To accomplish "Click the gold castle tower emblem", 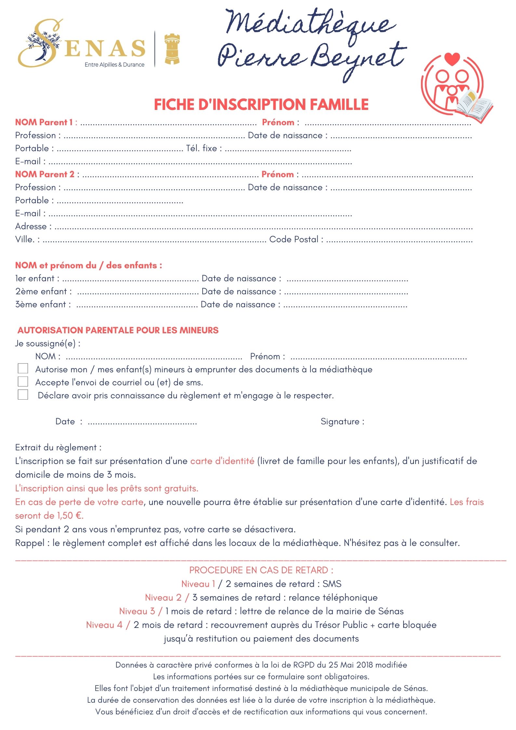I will (172, 48).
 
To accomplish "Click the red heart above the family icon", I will (452, 59).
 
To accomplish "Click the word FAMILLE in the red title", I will (339, 105).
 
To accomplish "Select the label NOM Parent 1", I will (44, 122).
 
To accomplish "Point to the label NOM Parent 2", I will (45, 174).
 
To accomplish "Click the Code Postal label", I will (294, 239).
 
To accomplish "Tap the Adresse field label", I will (31, 226).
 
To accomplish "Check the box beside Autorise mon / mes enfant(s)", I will (23, 368).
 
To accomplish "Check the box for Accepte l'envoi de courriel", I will (23, 381).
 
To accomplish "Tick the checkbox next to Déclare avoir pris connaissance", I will (23, 394).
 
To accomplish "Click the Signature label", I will (340, 421).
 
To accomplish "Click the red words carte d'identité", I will (222, 461).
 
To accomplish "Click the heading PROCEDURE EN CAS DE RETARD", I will (261, 570).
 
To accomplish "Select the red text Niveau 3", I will (137, 611).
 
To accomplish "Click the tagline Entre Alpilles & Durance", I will (114, 65).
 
